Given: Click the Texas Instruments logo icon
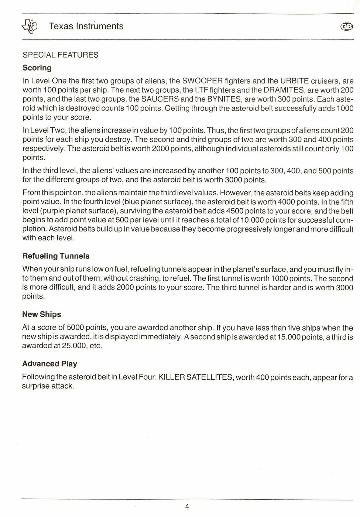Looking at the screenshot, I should [30, 26].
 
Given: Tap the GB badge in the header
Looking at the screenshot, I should [347, 26].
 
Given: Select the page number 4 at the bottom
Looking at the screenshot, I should [187, 506].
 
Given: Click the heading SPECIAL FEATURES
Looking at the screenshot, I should [61, 55].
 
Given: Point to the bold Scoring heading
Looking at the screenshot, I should [37, 68].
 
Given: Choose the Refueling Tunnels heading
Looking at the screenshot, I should [56, 256].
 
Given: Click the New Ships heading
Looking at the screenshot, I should [42, 314].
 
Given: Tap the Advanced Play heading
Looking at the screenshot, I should [49, 364].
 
